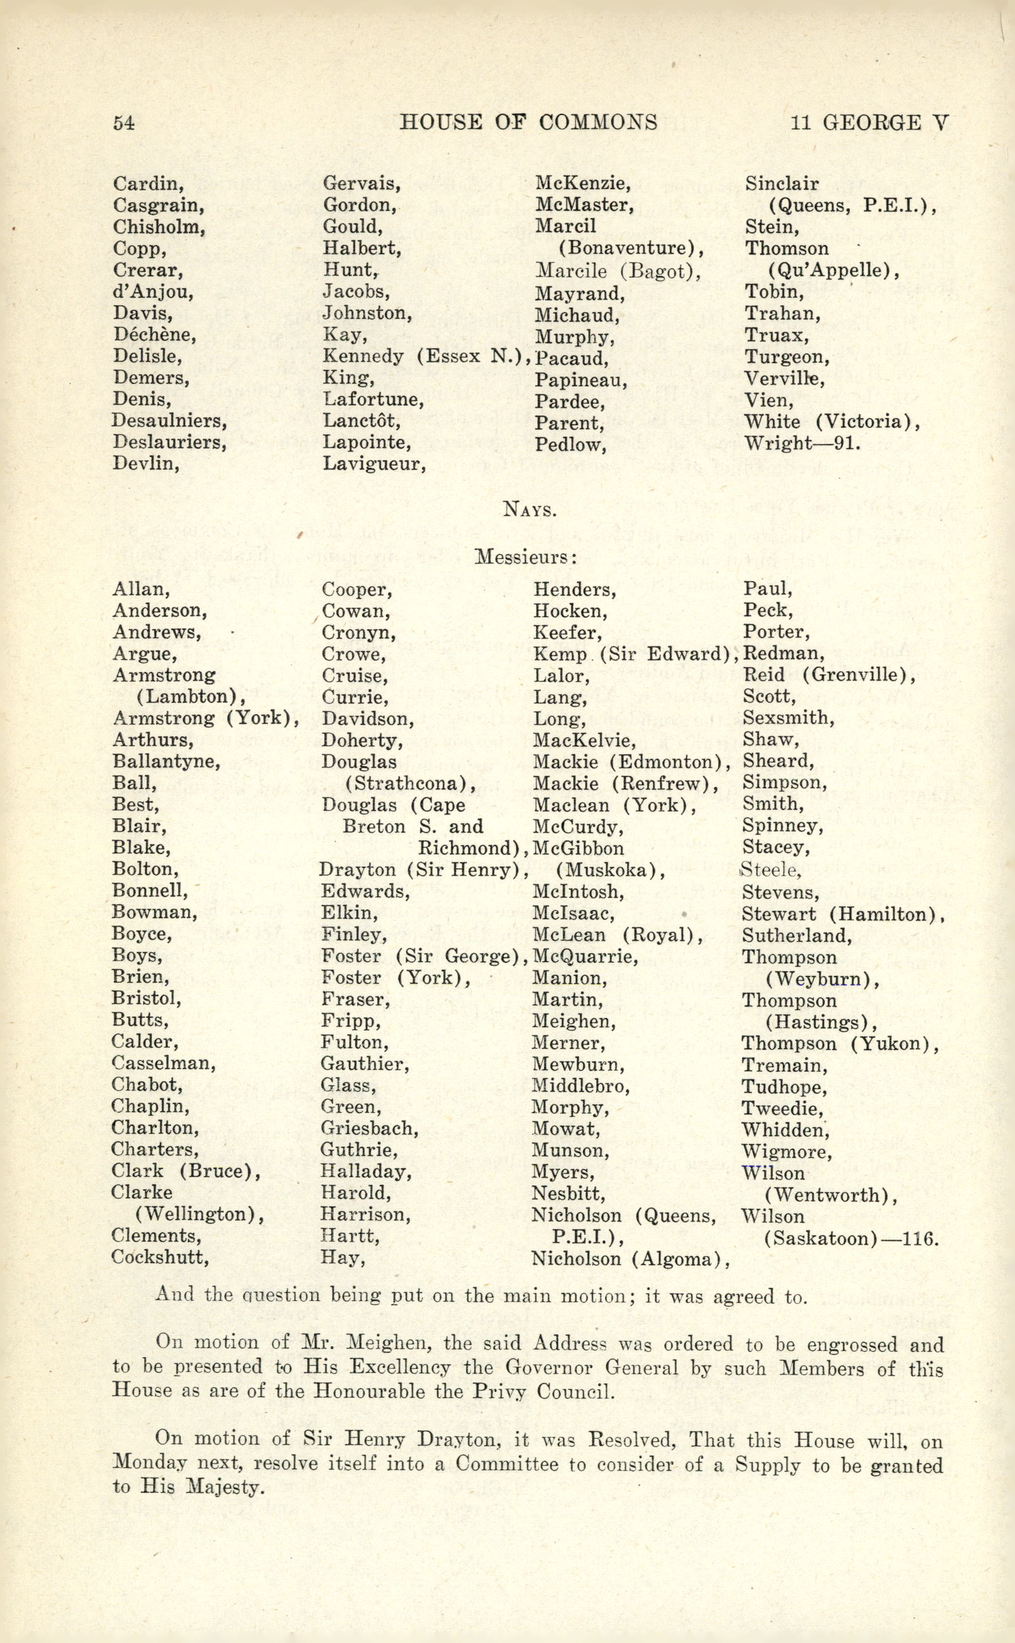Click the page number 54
coord(124,123)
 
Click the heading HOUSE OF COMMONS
coord(528,122)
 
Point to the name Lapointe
coord(366,442)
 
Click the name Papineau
coord(581,381)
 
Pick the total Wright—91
coord(802,443)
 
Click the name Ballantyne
coord(166,761)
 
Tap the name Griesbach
coord(369,1128)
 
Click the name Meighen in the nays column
coord(574,1021)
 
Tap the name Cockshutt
coord(160,1257)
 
